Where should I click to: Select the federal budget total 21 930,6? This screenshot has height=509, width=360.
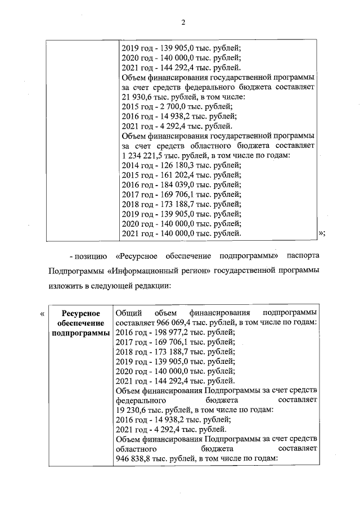coord(137,96)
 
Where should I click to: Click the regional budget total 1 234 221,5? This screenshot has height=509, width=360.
coord(143,155)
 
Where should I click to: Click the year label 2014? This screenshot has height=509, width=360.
coord(130,165)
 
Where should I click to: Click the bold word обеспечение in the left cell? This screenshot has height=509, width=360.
coord(81,323)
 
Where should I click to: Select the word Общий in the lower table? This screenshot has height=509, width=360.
coord(127,313)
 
